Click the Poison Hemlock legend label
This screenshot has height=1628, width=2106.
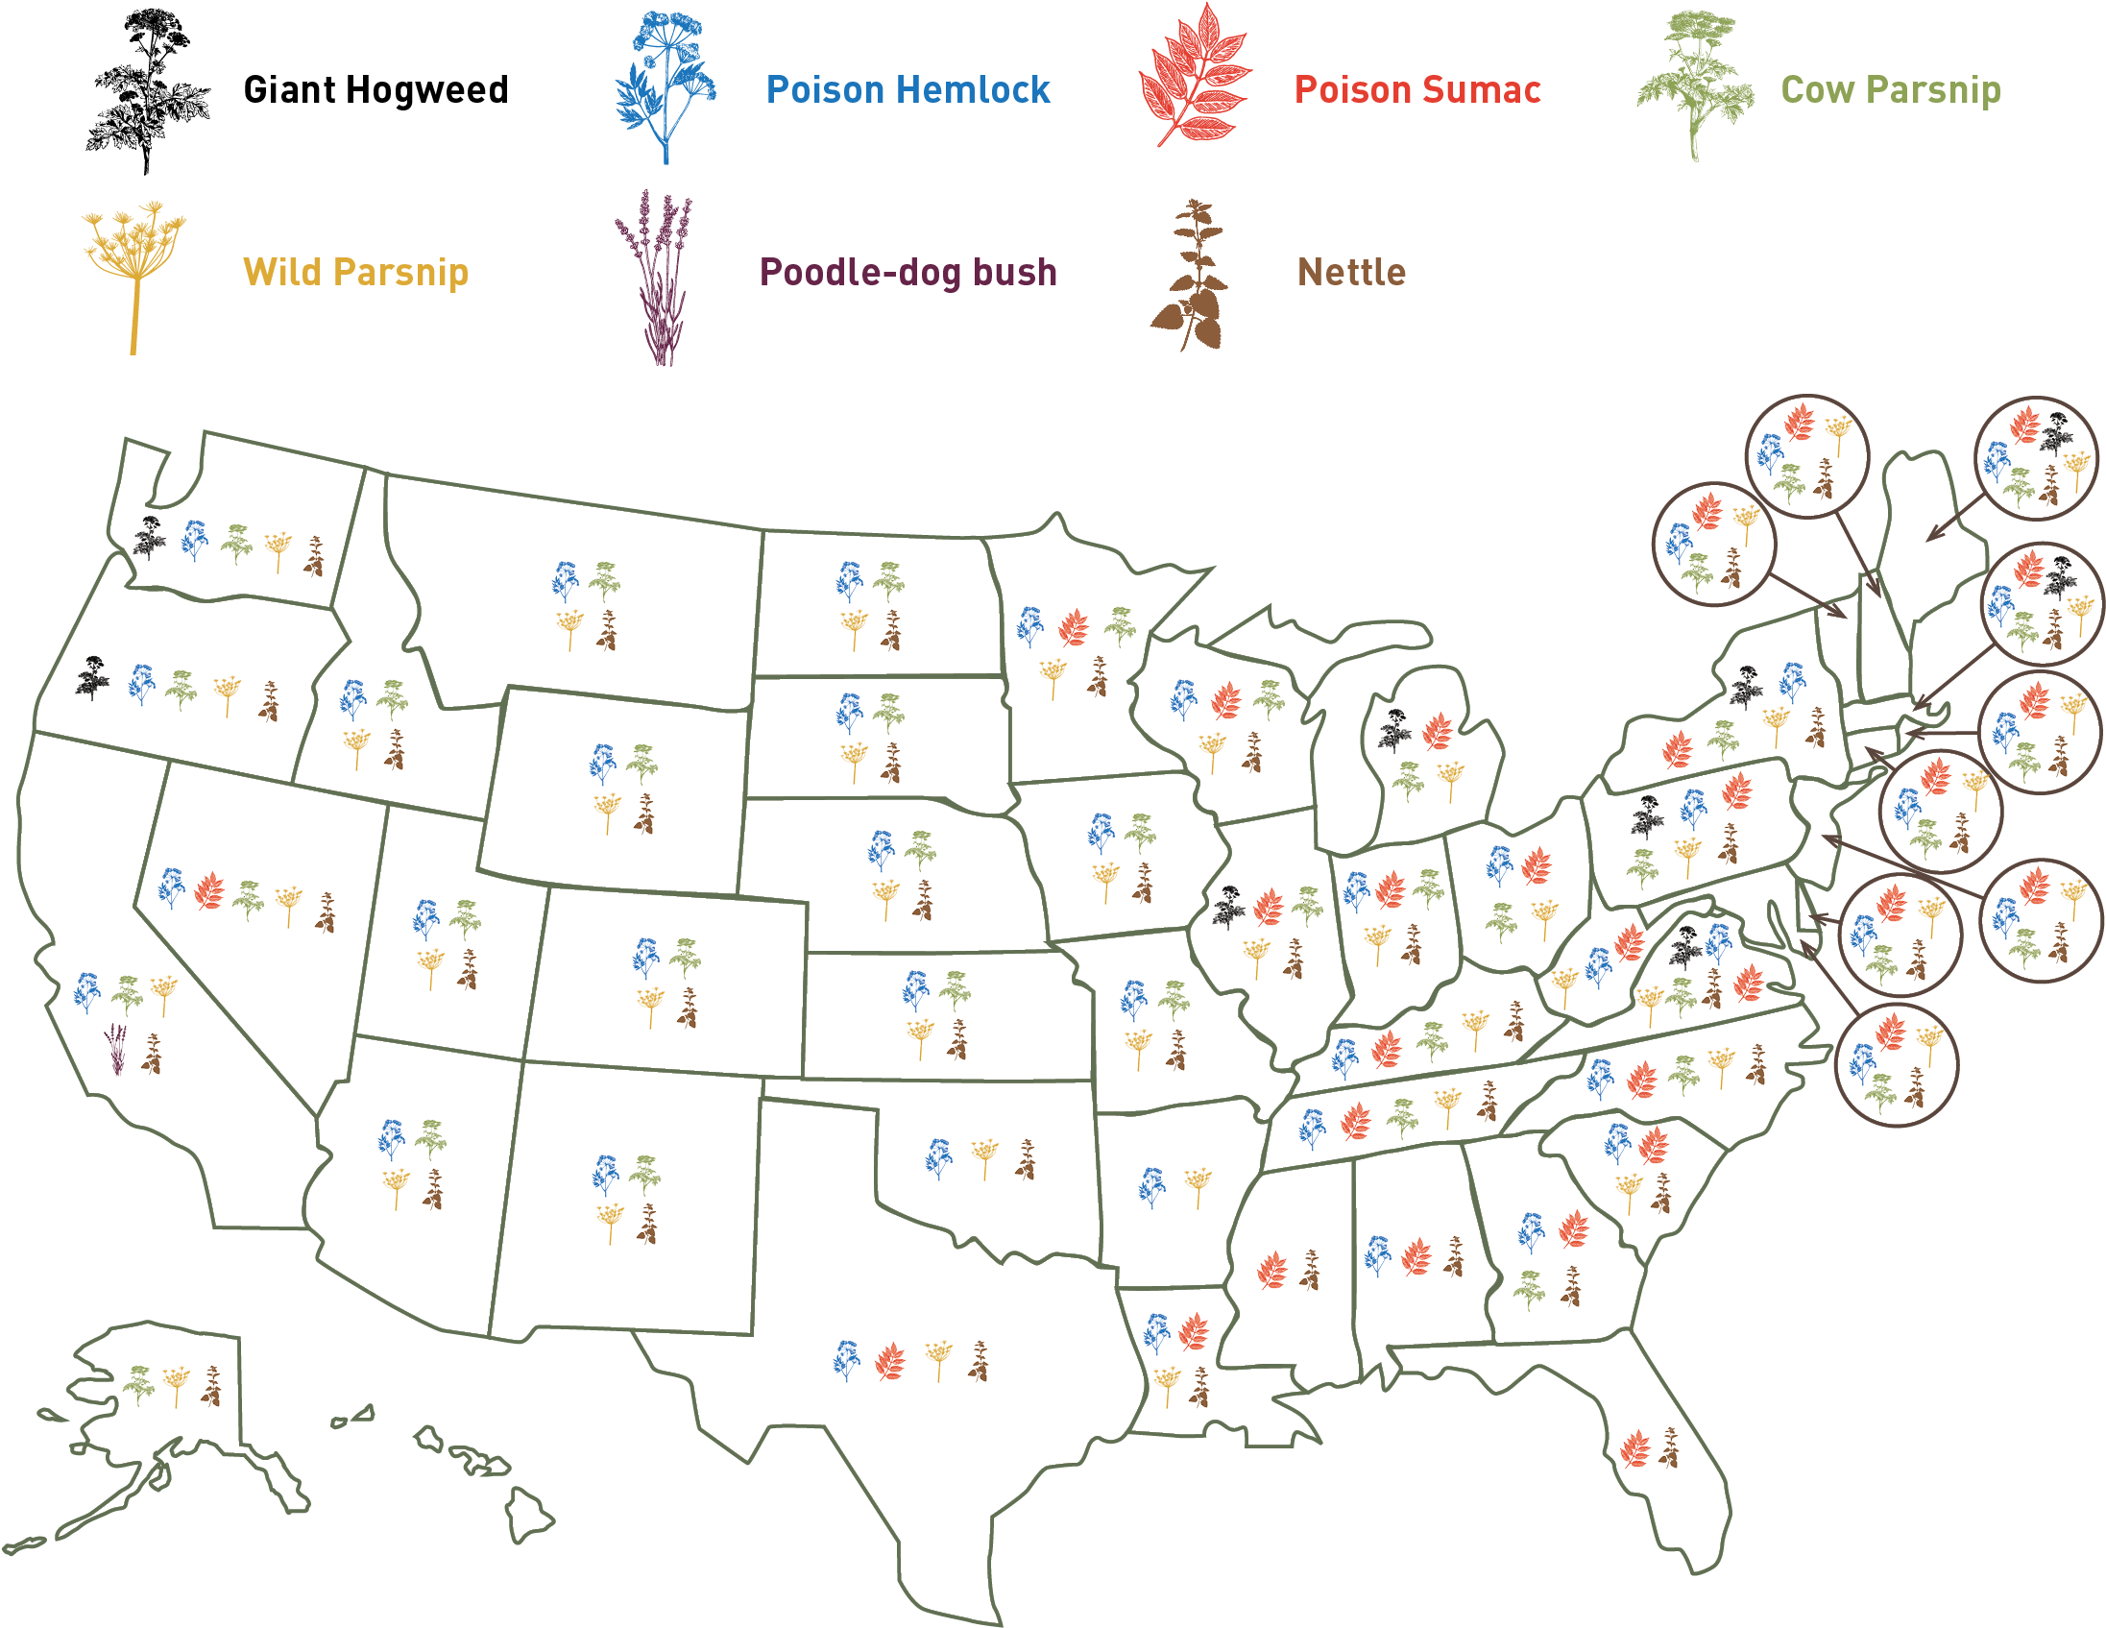click(x=908, y=89)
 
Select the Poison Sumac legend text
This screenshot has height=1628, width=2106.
click(x=1417, y=89)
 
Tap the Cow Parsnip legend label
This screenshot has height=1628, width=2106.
click(x=1890, y=89)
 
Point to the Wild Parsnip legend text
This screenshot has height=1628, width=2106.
click(x=356, y=272)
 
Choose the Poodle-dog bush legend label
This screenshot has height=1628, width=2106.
click(x=908, y=272)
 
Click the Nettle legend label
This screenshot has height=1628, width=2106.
click(x=1351, y=272)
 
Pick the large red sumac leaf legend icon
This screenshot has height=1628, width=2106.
click(x=1196, y=77)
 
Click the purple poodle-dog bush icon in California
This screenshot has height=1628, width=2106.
click(x=116, y=1049)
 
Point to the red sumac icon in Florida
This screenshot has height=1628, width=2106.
click(x=1634, y=1447)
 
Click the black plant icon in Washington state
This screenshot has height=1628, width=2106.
click(x=150, y=537)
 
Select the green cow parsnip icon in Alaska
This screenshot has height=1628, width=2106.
click(x=139, y=1385)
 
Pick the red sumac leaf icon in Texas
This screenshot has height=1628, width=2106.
click(x=890, y=1361)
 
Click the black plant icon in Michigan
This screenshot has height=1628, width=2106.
click(x=1393, y=729)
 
